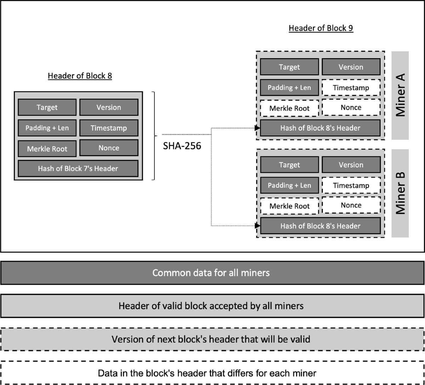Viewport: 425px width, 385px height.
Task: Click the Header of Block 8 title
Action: (80, 76)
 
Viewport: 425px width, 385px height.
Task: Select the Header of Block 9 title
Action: (321, 28)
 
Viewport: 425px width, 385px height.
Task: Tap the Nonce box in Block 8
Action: (109, 148)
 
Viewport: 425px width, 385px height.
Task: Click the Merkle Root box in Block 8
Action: (47, 149)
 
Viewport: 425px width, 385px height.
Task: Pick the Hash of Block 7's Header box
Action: (78, 168)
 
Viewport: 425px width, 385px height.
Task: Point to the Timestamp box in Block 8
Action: (109, 128)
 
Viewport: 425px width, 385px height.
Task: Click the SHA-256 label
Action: (182, 146)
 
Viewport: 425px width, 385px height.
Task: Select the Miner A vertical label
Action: (400, 96)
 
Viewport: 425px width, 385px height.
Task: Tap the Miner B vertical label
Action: (400, 193)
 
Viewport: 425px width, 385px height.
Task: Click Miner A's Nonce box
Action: (351, 108)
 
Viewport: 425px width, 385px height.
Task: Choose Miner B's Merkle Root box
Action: (289, 206)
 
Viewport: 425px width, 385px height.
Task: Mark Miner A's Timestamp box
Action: (351, 88)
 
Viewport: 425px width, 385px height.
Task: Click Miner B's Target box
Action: (289, 165)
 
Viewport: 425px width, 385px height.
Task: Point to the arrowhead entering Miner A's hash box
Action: (257, 128)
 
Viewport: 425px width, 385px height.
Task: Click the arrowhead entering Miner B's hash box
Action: (257, 226)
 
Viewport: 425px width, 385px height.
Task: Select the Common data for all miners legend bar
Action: (212, 273)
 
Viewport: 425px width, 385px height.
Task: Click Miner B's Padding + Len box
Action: (289, 185)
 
